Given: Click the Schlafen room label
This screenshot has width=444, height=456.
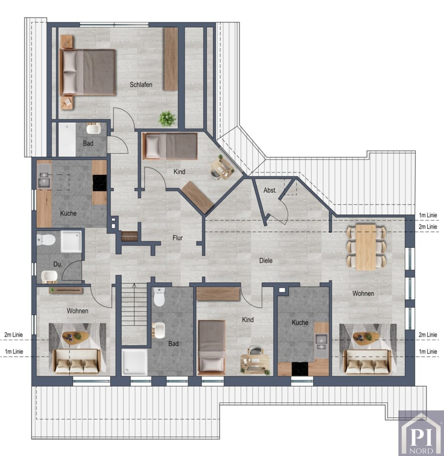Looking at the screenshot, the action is coord(141,85).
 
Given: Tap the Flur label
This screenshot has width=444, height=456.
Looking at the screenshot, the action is coord(177,238).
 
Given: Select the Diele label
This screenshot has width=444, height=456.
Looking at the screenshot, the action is coord(266,260).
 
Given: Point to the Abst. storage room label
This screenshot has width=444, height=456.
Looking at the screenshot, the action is coord(270,190).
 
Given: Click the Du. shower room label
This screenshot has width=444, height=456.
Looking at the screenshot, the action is coord(58,264).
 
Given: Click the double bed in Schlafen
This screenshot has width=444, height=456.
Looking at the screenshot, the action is coord(87,72).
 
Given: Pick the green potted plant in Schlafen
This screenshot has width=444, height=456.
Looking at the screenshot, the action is coord(167,119).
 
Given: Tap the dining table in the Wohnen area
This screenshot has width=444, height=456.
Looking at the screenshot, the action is coord(366,247).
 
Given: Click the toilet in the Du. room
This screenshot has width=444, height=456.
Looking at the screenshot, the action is coord(46,240).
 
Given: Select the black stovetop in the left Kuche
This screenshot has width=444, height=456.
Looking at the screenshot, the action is coord(99,183).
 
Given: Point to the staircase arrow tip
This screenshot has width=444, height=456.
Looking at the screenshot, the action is coord(134,284).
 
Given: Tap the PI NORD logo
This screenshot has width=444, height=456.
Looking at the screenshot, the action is coord(421,433).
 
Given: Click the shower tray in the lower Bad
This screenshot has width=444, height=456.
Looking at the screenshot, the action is coord(135,362).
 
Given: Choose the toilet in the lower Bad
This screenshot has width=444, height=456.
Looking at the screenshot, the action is coord(159,297).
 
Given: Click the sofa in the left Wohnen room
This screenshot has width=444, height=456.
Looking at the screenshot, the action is coord(77,361).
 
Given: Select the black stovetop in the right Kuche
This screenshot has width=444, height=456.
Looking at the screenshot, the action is coord(300,369).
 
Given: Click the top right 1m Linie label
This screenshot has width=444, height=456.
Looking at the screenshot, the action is coord(428,215).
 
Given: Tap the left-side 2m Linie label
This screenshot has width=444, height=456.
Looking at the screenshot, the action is coord(14,335).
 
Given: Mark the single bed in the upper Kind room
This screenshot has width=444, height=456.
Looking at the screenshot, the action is coord(170,146).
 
